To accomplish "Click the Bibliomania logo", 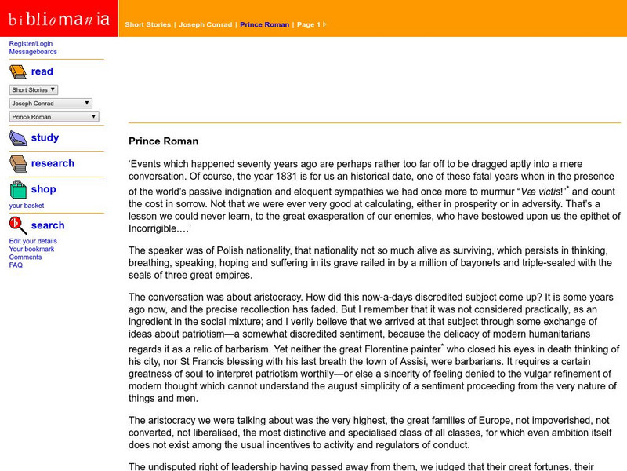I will pyautogui.click(x=59, y=18).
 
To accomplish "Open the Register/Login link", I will pyautogui.click(x=30, y=44).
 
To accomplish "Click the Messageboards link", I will pyautogui.click(x=33, y=52).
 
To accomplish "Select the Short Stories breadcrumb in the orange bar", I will pyautogui.click(x=147, y=24).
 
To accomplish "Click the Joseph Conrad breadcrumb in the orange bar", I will pyautogui.click(x=205, y=24).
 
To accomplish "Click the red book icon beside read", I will pyautogui.click(x=18, y=72).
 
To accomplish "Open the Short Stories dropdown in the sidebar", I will pyautogui.click(x=33, y=89).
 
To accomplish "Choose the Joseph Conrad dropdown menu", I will pyautogui.click(x=51, y=103).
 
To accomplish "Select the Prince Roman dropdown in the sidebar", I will pyautogui.click(x=54, y=116).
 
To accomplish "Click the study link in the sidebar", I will pyautogui.click(x=45, y=137).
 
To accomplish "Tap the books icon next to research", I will pyautogui.click(x=18, y=163).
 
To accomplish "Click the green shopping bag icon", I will pyautogui.click(x=18, y=190).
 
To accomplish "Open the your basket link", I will pyautogui.click(x=27, y=206).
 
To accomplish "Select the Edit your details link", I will pyautogui.click(x=33, y=241).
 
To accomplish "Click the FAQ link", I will pyautogui.click(x=16, y=265).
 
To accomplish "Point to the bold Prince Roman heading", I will pyautogui.click(x=163, y=141).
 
